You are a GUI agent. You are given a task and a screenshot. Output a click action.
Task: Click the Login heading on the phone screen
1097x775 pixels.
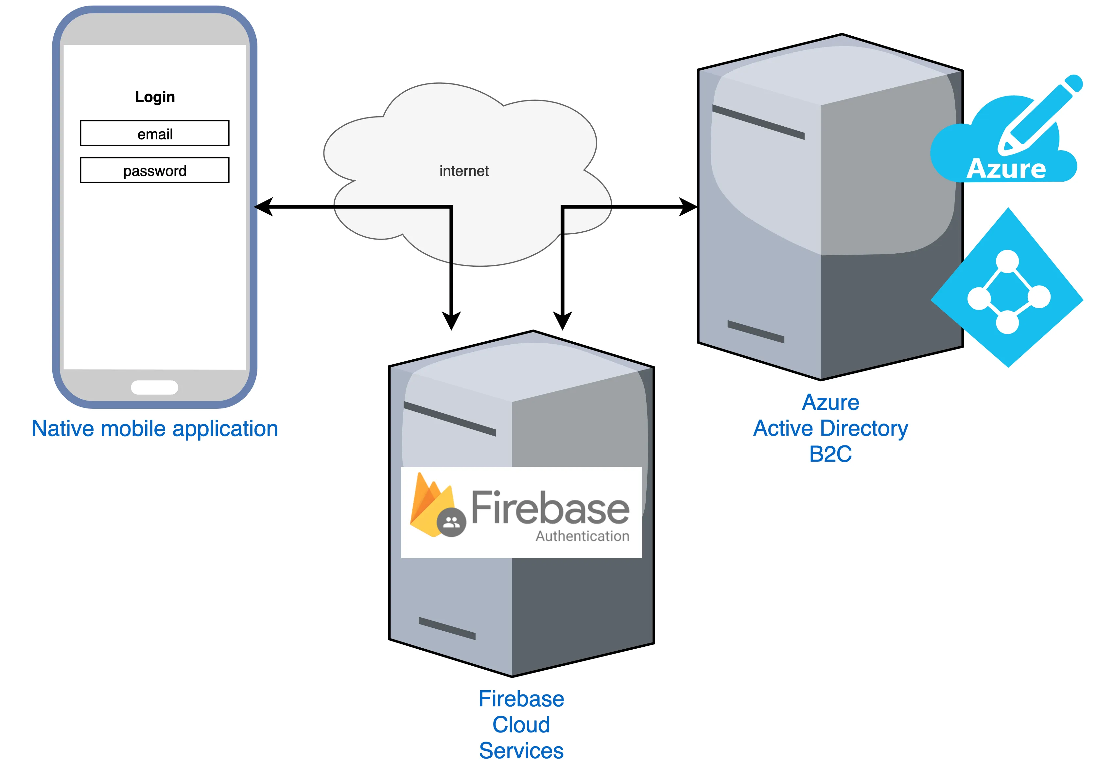(155, 97)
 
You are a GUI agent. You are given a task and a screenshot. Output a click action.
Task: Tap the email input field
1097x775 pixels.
(155, 134)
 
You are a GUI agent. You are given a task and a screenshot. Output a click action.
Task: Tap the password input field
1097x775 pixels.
(155, 170)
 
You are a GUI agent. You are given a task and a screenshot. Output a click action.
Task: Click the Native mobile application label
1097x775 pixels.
(155, 428)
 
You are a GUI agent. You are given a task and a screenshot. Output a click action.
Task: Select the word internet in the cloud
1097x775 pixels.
(464, 171)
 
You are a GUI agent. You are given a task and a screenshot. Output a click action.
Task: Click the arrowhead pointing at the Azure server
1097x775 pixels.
(688, 207)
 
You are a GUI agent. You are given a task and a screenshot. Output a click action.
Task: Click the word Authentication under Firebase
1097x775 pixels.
(582, 536)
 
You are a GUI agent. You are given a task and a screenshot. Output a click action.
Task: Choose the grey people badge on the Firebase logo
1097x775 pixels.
(451, 523)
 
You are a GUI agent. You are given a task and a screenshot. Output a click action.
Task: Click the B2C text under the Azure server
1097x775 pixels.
(830, 454)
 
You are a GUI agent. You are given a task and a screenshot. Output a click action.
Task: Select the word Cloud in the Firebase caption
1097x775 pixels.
(521, 725)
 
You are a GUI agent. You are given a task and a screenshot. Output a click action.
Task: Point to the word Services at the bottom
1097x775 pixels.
(521, 750)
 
